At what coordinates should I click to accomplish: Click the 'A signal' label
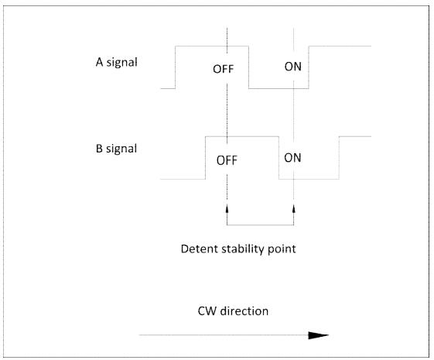click(117, 62)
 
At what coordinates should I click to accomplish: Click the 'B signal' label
click(116, 149)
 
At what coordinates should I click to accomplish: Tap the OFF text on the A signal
click(224, 69)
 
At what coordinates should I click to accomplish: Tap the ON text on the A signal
click(293, 67)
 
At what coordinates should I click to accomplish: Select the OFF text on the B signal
click(227, 160)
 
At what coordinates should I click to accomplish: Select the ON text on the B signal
click(292, 158)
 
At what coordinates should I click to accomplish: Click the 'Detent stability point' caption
click(238, 249)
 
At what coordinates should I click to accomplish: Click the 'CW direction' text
click(233, 311)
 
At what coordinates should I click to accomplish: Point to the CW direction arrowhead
click(318, 335)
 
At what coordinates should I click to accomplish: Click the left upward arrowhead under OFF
click(227, 208)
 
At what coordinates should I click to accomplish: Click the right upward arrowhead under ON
click(294, 208)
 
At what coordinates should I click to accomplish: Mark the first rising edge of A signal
click(175, 67)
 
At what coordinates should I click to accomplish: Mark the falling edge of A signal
click(248, 67)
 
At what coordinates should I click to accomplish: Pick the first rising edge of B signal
click(205, 158)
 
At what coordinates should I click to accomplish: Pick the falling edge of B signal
click(279, 158)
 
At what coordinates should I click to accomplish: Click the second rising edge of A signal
click(309, 67)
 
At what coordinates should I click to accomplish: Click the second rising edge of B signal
click(339, 158)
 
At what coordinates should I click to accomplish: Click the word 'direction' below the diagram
click(244, 311)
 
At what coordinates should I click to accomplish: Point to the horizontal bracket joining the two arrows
click(260, 225)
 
